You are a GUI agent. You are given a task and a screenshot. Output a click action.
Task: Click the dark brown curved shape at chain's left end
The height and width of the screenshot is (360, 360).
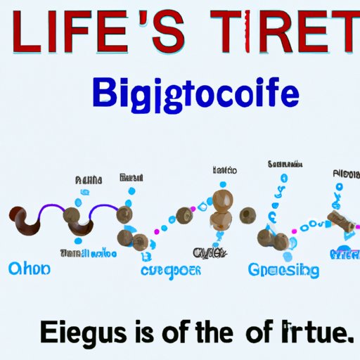pyautogui.click(x=28, y=221)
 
